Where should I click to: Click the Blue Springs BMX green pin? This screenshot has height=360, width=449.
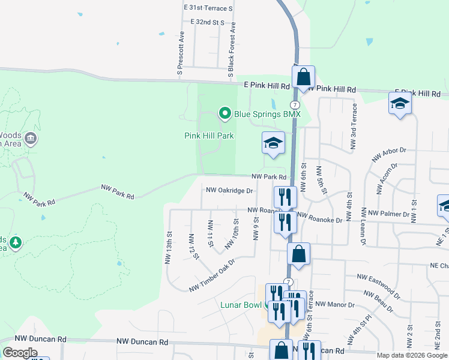(x=224, y=113)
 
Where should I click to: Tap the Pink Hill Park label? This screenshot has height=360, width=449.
(x=208, y=136)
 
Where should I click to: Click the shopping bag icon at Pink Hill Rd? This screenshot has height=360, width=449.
(x=304, y=77)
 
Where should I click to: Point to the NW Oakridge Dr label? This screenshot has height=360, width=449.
(x=230, y=190)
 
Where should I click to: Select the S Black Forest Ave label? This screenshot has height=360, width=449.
(x=231, y=51)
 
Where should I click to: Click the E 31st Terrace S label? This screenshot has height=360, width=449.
(x=208, y=8)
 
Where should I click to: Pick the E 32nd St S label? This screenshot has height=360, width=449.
(x=207, y=22)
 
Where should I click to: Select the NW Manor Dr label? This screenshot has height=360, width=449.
(x=336, y=304)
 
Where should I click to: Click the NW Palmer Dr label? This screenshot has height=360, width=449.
(x=388, y=214)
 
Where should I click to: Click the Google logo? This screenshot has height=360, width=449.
(x=20, y=352)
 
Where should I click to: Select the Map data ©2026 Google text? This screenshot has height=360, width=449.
(x=411, y=355)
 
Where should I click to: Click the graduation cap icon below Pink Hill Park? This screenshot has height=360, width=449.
(x=273, y=144)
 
